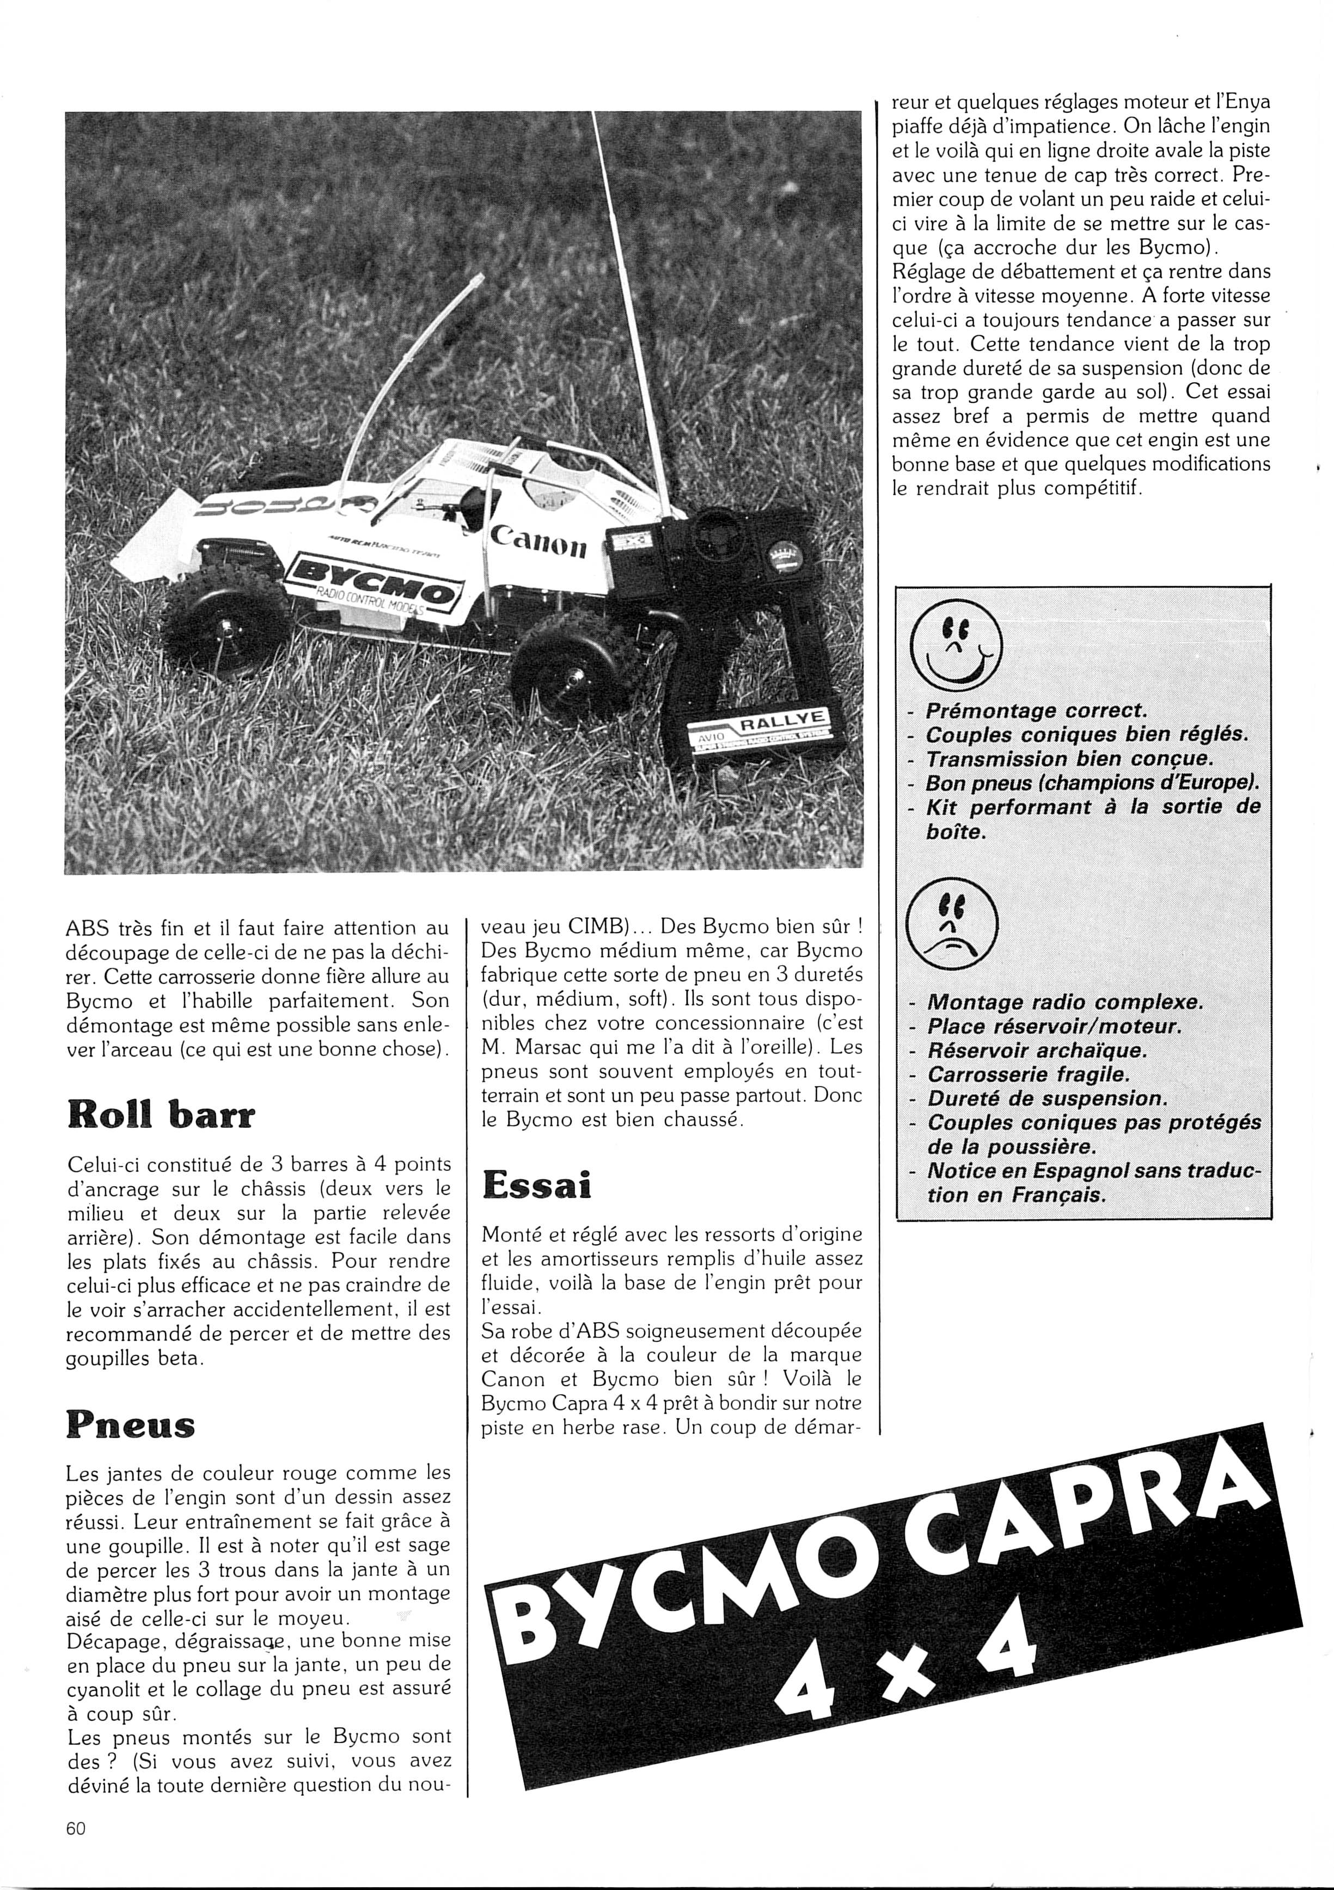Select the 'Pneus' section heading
(130, 1425)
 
